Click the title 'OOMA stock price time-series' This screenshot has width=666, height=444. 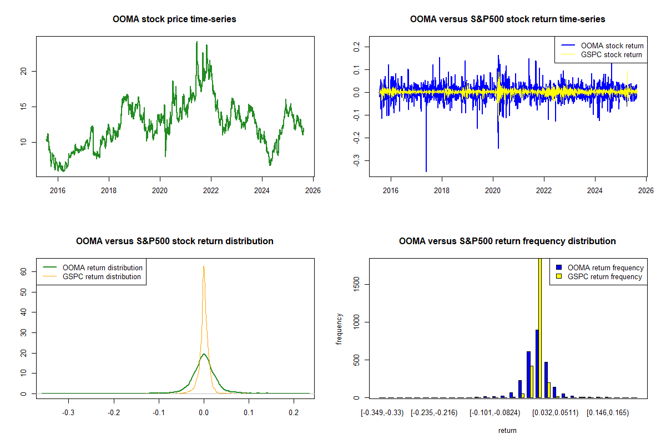[174, 19]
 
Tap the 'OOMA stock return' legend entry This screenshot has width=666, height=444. [612, 46]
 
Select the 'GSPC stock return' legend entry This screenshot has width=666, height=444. [611, 54]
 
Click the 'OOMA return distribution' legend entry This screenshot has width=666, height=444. [103, 268]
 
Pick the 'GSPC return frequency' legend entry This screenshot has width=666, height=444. [605, 276]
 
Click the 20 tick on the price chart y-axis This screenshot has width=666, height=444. [24, 71]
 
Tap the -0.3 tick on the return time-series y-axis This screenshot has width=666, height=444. [356, 160]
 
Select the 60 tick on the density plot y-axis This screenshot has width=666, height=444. [24, 271]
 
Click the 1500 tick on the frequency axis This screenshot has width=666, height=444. [356, 285]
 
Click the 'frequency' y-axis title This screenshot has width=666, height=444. [339, 329]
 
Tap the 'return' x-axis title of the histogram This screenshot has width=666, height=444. [507, 430]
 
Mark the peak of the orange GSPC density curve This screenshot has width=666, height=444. [204, 266]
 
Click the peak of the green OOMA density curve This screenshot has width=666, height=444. [204, 354]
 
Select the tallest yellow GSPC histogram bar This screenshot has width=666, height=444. [539, 327]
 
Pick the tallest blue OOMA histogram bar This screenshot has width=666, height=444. [537, 364]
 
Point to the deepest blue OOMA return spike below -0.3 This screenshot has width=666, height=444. [426, 171]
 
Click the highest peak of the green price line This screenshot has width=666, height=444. [196, 42]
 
